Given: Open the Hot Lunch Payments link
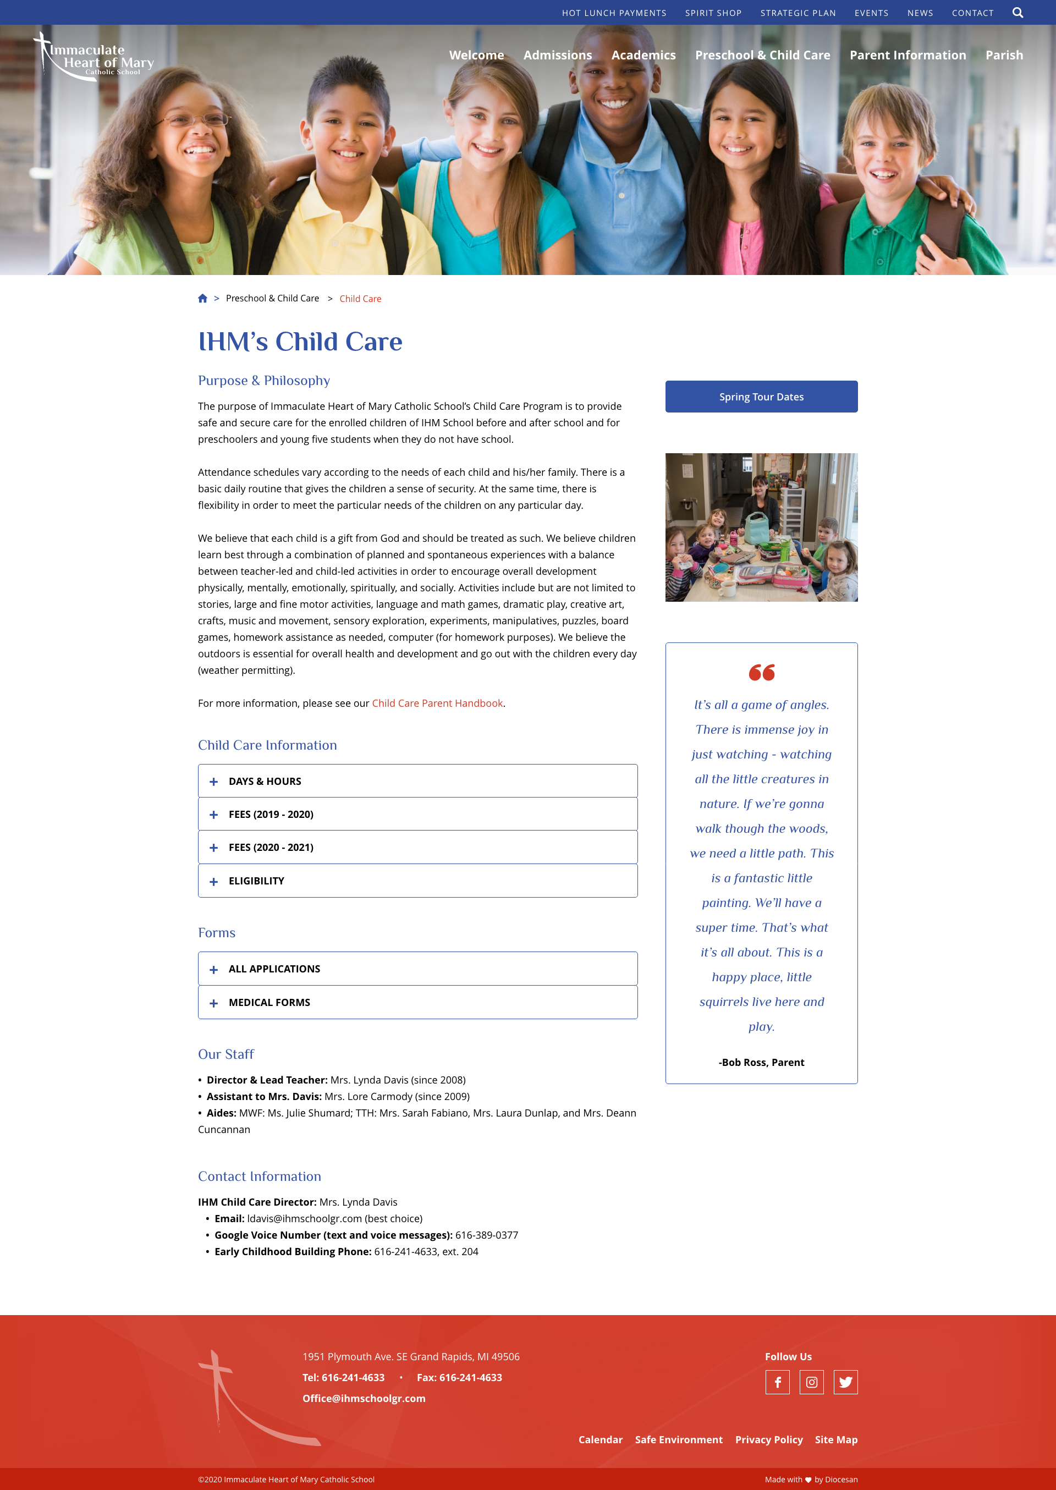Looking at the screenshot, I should pyautogui.click(x=614, y=13).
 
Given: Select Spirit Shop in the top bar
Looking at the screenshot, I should pyautogui.click(x=713, y=13).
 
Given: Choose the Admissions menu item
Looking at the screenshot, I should pyautogui.click(x=557, y=55).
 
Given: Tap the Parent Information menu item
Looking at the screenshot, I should pyautogui.click(x=907, y=55).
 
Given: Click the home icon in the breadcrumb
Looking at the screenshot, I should pyautogui.click(x=203, y=299).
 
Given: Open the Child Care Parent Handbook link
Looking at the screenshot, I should pyautogui.click(x=437, y=703).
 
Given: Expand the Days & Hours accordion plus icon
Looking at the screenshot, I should pyautogui.click(x=213, y=782).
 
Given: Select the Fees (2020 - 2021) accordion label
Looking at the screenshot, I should pyautogui.click(x=271, y=848).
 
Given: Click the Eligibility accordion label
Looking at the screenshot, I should pyautogui.click(x=256, y=881).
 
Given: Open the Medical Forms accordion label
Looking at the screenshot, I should pyautogui.click(x=269, y=1003).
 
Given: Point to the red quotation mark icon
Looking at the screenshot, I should pyautogui.click(x=761, y=672).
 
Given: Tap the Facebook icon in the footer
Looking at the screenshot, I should pyautogui.click(x=777, y=1382).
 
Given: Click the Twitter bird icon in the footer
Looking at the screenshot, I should pyautogui.click(x=845, y=1382).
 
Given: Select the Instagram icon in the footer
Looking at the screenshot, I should pyautogui.click(x=811, y=1382).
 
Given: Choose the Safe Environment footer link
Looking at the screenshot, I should pyautogui.click(x=678, y=1440).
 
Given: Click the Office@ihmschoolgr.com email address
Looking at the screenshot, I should pyautogui.click(x=364, y=1398).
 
